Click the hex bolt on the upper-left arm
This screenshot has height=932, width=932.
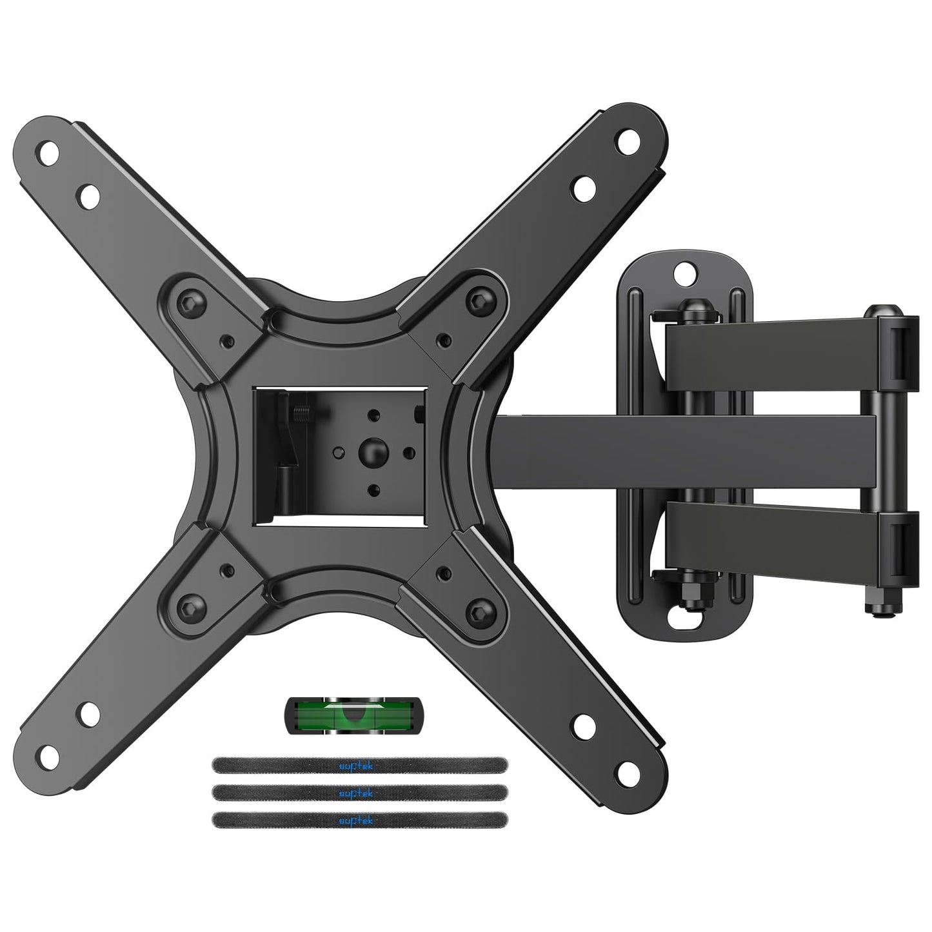[191, 301]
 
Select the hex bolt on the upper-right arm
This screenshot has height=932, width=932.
[479, 299]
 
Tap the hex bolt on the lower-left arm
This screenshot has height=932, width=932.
[191, 606]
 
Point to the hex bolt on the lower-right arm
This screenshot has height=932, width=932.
[479, 609]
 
